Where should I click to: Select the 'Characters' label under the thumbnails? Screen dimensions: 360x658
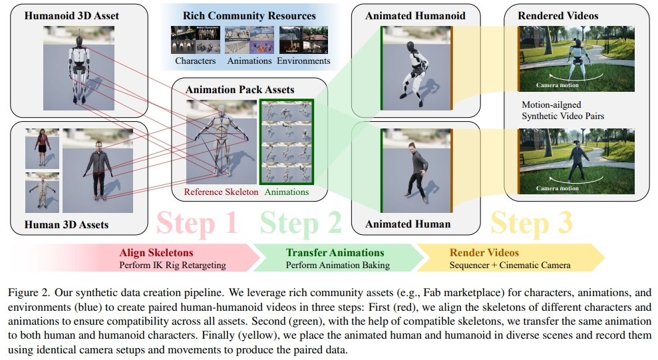196,61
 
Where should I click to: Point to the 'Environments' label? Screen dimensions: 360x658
303,61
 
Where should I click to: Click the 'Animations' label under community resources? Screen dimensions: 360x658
249,61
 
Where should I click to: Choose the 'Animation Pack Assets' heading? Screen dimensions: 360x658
240,89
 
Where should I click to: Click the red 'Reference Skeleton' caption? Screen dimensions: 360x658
222,192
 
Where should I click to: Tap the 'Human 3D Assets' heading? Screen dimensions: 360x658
67,224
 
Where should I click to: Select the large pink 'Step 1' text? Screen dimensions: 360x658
198,223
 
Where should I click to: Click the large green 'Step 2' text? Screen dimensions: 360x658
301,223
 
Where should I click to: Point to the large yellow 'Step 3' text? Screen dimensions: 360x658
532,223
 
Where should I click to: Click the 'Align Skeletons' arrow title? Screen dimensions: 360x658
156,253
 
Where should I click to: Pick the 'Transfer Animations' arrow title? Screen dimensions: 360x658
335,253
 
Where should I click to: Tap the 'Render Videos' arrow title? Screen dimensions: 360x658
484,253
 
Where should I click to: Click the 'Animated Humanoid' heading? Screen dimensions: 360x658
415,15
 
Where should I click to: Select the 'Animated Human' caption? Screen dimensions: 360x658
408,224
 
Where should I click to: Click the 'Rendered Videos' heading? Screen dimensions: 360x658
559,15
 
